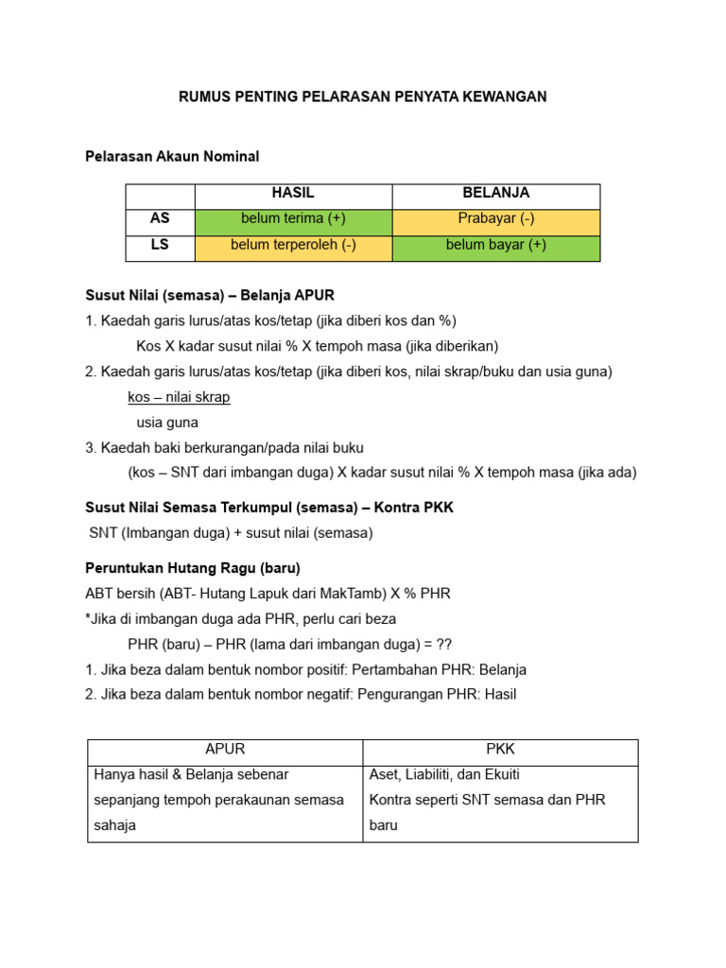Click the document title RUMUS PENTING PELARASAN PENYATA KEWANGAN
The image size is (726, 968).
point(363,97)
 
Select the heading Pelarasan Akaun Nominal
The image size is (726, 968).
point(172,156)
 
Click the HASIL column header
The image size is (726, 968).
point(293,194)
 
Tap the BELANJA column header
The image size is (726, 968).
point(495,194)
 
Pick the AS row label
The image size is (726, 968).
point(160,218)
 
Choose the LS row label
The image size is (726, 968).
point(160,245)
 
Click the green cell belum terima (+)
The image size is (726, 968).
point(293,219)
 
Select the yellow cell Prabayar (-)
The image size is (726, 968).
point(495,219)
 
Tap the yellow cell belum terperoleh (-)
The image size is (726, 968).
point(293,246)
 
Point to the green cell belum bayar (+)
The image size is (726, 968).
point(495,246)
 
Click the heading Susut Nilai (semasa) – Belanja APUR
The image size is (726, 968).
point(210,295)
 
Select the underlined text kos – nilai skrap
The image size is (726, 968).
point(179,397)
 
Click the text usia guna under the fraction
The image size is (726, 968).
point(167,423)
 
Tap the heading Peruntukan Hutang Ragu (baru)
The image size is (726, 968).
point(193,568)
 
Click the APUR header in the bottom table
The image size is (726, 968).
point(225,750)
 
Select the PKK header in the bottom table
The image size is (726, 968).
point(500,750)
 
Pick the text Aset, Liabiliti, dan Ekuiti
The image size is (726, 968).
point(444,775)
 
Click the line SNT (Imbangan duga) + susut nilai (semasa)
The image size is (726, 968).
point(231,533)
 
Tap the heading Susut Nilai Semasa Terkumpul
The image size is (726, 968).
point(269,508)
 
